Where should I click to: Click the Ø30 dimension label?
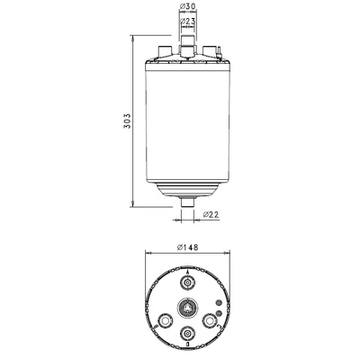pos(188,6)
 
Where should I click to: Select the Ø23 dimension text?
pos(188,21)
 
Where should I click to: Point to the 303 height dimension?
pos(127,121)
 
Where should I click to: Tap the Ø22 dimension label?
pos(211,214)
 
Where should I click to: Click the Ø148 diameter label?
pos(188,247)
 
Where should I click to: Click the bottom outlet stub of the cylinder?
pos(188,202)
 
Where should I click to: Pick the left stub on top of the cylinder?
pos(165,50)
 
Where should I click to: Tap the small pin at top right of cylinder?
pos(219,51)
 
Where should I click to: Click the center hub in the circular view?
pos(188,308)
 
